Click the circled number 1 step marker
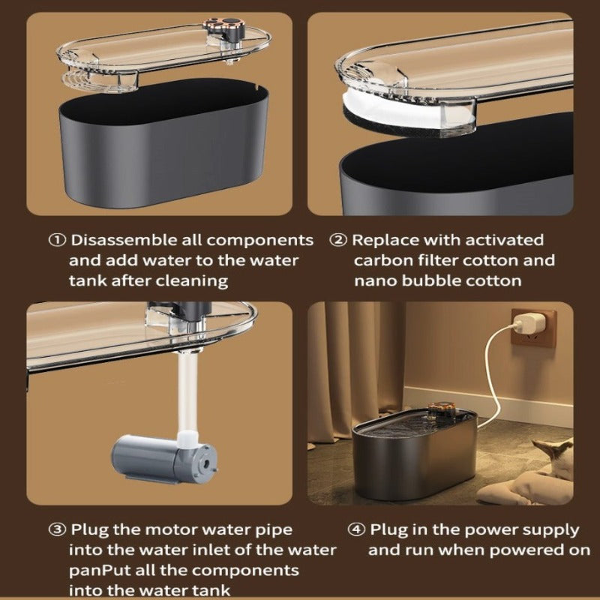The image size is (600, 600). [58, 241]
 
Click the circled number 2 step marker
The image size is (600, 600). [340, 241]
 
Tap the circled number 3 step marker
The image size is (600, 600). [58, 530]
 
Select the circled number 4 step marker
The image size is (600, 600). [358, 530]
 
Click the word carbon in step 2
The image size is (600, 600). [382, 261]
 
